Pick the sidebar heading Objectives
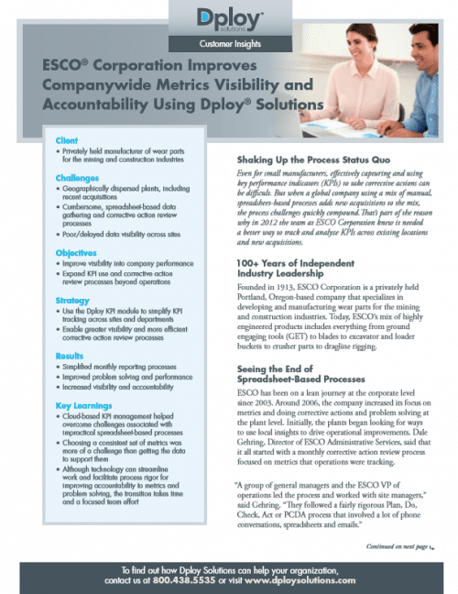point(78,252)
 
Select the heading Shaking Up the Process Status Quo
point(315,159)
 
